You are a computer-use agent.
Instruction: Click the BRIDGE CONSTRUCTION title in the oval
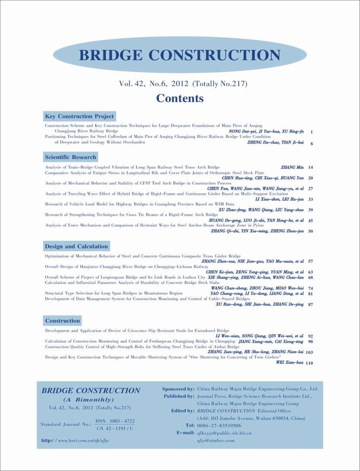[180, 54]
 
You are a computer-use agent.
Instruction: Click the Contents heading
[180, 98]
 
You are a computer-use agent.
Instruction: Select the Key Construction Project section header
[79, 116]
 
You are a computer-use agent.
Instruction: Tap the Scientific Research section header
[71, 157]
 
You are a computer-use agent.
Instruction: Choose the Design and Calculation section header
[76, 247]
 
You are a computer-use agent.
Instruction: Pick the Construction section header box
[62, 321]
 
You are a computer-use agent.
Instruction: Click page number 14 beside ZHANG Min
[310, 168]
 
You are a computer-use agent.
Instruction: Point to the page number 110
[309, 363]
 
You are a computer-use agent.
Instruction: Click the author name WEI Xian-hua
[289, 362]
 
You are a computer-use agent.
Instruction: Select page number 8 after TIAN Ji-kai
[312, 144]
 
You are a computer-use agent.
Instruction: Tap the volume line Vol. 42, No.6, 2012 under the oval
[183, 84]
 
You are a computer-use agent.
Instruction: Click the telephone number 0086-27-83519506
[219, 425]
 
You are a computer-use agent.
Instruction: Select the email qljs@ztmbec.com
[216, 440]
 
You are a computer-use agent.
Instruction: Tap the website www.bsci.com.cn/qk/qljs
[83, 440]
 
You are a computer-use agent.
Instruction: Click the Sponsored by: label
[178, 389]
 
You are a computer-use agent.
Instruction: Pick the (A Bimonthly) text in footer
[89, 399]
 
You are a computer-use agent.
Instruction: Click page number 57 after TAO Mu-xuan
[310, 261]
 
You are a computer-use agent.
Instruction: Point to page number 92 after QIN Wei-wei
[310, 336]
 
